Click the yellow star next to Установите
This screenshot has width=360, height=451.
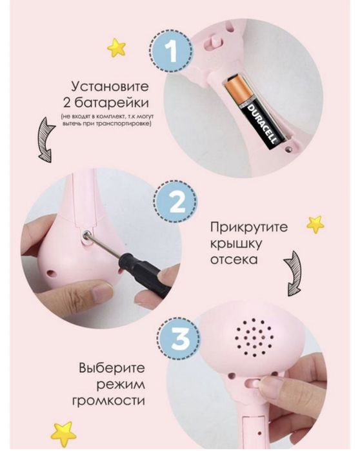(x=116, y=47)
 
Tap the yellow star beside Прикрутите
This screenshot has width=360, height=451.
(x=315, y=225)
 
